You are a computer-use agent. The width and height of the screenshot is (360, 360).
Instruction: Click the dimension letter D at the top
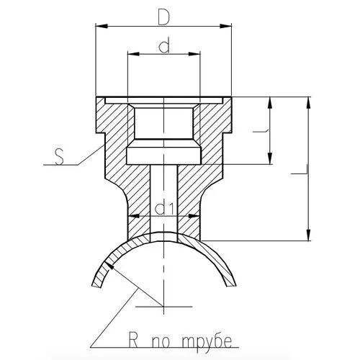164,18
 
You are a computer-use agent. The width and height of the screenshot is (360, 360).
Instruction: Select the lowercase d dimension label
164,45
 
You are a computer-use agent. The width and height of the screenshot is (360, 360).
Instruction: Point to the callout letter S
59,157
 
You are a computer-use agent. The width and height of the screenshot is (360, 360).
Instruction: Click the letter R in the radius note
133,340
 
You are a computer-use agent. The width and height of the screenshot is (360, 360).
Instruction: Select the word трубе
207,341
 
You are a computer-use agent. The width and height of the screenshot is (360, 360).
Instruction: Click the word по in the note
161,342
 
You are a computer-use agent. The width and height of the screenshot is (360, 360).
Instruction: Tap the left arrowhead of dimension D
102,26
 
